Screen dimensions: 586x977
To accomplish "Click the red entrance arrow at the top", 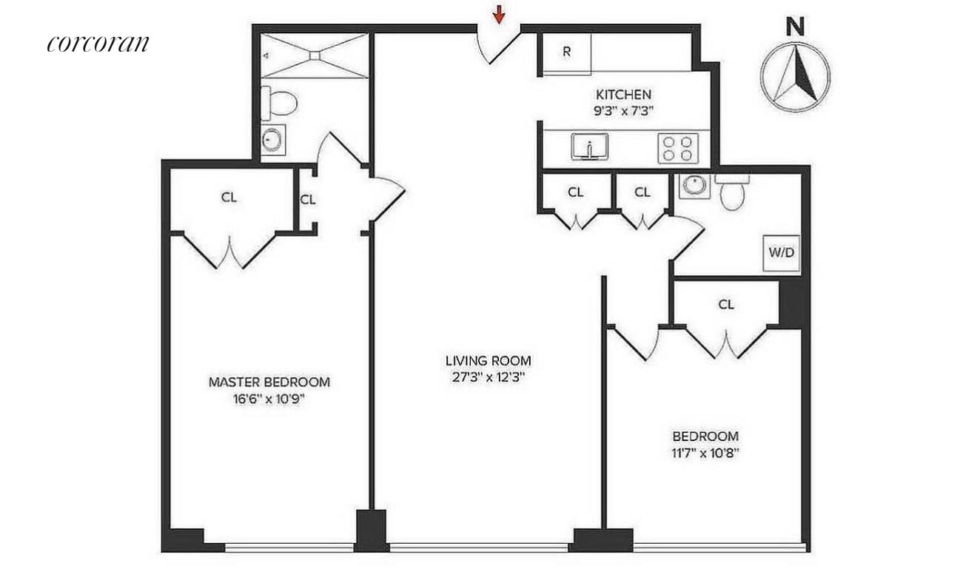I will (500, 13).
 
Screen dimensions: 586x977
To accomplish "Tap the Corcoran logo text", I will (98, 43).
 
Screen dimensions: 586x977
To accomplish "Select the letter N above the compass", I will (796, 27).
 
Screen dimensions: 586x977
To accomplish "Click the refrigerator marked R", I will (567, 53).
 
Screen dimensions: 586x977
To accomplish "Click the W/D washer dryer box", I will (782, 252).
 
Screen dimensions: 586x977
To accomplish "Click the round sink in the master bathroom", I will (272, 138).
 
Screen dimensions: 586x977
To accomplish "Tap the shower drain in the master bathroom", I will (315, 54).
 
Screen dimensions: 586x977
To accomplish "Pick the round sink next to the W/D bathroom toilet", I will (694, 185).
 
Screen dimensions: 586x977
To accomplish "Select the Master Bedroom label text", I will (269, 383).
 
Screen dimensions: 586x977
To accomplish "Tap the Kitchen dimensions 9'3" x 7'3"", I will (624, 110).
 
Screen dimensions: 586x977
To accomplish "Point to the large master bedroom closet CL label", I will (230, 198).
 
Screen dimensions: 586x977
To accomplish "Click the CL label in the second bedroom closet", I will (726, 304).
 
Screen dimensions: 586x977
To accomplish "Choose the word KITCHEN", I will (624, 95).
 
